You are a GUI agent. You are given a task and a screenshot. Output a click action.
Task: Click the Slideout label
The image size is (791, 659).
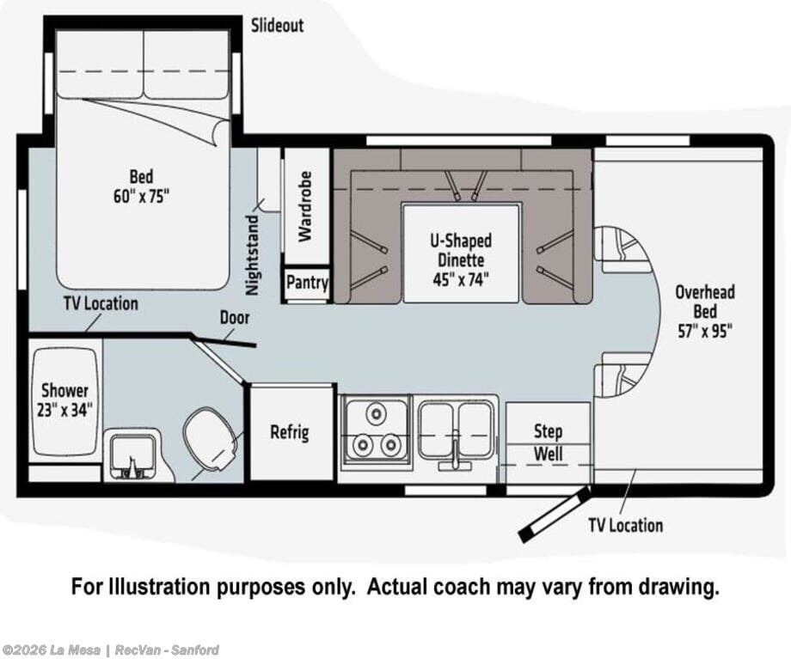pos(278,25)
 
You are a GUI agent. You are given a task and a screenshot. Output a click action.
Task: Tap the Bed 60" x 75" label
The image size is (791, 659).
pos(141,186)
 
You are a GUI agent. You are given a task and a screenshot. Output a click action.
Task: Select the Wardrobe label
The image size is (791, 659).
pos(306,207)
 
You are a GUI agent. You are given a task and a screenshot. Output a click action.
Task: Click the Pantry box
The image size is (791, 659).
pos(307,283)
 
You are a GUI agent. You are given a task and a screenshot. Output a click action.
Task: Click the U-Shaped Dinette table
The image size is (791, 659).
pos(461,253)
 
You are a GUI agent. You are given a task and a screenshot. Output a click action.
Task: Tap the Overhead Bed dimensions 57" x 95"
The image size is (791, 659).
pos(705,331)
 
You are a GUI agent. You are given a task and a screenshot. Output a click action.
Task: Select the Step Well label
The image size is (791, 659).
pos(548,442)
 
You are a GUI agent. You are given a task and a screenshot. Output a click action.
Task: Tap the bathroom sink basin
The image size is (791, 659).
pos(133,455)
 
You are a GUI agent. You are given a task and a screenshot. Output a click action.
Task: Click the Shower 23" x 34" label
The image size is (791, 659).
pos(65,400)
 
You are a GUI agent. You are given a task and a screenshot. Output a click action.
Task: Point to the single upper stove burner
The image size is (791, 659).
pos(376,413)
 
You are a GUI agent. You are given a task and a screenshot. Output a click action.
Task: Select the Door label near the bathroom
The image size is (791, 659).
pos(235,318)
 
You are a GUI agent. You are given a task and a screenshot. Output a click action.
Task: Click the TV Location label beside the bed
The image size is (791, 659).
pos(101,303)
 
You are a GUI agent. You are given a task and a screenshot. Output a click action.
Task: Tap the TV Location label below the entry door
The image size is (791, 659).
pos(626,525)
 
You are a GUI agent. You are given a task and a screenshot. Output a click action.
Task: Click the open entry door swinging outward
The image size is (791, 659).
pos(555,515)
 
